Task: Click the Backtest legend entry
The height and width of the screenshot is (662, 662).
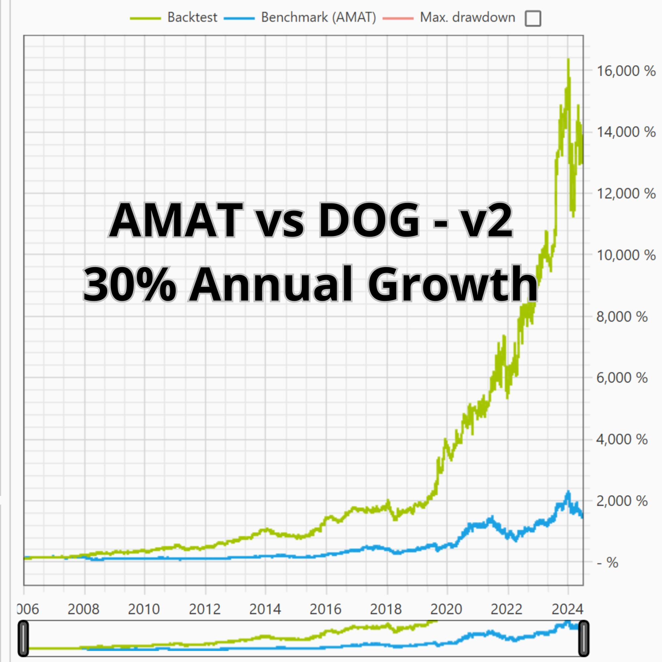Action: coord(192,17)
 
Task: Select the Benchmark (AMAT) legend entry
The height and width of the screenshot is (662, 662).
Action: coord(318,17)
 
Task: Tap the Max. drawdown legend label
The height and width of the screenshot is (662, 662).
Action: coord(467,17)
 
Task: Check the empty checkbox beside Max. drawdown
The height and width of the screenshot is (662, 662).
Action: coord(533,18)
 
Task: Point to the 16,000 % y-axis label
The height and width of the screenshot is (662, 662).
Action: coord(626,71)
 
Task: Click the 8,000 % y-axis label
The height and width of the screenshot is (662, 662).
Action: coord(622,317)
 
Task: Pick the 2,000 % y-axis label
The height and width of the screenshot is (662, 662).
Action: coord(622,501)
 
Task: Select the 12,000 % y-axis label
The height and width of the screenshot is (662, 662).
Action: coord(626,194)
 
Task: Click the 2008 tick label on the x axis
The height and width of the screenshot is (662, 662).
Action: coord(83,609)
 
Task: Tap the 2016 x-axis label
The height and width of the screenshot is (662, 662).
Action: coord(325,609)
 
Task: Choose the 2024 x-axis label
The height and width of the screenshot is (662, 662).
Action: coord(567,609)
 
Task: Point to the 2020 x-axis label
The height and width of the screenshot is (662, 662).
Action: coord(446,609)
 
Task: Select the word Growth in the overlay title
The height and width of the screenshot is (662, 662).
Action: coord(452,284)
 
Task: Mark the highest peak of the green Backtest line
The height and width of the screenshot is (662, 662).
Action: coord(568,60)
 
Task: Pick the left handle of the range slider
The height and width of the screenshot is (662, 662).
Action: coord(23,639)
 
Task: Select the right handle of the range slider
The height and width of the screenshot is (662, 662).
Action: coord(584,639)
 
